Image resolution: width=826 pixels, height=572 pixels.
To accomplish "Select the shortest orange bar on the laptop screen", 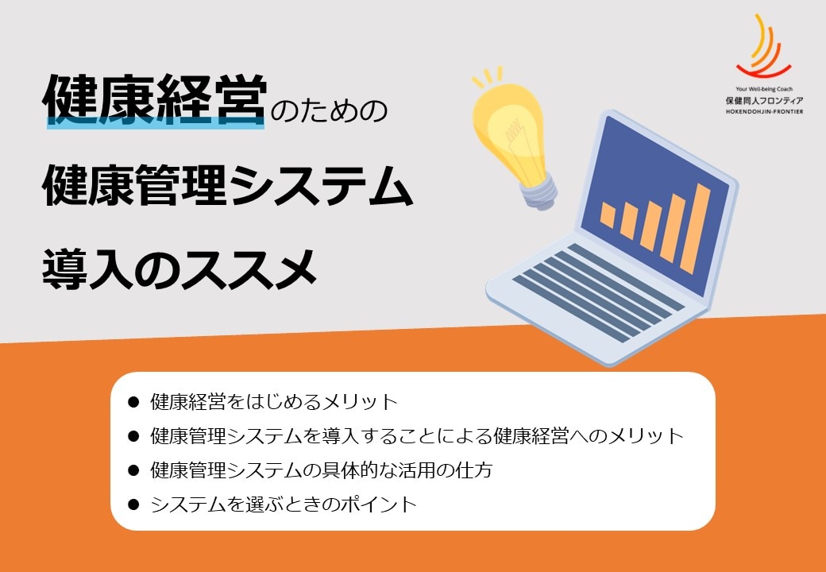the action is click(608, 214).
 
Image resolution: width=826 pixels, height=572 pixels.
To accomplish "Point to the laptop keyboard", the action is click(598, 292).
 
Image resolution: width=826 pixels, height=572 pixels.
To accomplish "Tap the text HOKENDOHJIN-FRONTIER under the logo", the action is click(764, 112).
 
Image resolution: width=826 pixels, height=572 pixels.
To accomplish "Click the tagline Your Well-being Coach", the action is click(764, 90).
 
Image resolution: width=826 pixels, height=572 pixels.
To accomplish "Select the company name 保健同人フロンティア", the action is click(764, 101).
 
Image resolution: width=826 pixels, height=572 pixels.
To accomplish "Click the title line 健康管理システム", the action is click(227, 184).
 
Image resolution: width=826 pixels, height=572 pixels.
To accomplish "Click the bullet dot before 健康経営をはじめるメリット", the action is click(133, 403).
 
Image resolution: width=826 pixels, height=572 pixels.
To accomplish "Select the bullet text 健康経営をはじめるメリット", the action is click(273, 402).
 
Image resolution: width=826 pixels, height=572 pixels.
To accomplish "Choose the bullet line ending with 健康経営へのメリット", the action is click(417, 436).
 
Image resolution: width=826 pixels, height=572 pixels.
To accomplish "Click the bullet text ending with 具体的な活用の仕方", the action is click(322, 470).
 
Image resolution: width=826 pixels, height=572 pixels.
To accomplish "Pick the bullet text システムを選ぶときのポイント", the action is click(284, 504).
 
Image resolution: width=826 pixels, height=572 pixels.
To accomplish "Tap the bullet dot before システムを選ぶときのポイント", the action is click(133, 504).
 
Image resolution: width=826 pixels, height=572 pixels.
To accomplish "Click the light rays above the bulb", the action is click(488, 75).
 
